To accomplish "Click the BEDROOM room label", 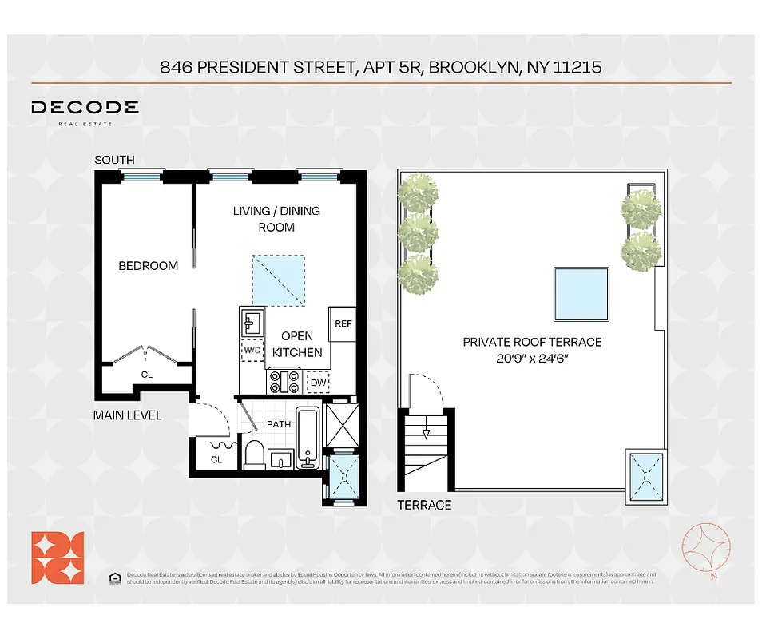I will [149, 266].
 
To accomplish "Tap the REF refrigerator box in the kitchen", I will [343, 323].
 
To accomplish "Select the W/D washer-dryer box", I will [253, 350].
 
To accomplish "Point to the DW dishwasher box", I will [317, 383].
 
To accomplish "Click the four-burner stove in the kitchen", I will [284, 383].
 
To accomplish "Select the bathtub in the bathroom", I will [308, 439].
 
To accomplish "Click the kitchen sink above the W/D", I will [252, 323].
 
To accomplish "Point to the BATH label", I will [278, 424].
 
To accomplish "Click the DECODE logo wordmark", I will [85, 108].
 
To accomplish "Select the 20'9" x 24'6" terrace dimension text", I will [532, 358].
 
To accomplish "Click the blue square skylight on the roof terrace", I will [582, 295].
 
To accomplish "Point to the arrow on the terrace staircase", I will [426, 434].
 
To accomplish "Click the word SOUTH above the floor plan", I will [114, 160].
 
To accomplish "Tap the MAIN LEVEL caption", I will [128, 415].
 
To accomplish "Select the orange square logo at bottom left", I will [58, 558].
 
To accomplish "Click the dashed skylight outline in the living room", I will [278, 280].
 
